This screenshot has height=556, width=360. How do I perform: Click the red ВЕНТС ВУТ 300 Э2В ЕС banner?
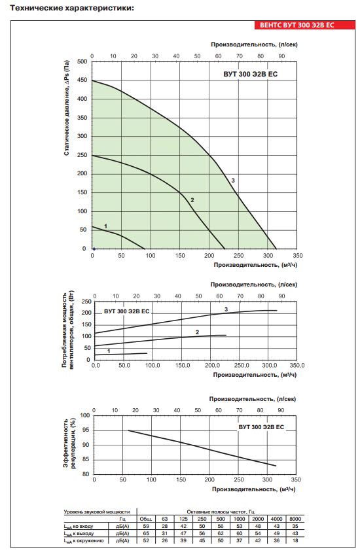click(x=304, y=25)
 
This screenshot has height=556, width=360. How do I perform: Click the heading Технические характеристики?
click(x=73, y=8)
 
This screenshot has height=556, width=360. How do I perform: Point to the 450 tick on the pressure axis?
click(x=82, y=80)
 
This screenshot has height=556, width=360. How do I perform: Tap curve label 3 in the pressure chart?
click(x=233, y=181)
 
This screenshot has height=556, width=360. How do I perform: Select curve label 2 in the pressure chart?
click(x=192, y=200)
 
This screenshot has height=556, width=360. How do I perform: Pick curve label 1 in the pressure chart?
click(x=105, y=226)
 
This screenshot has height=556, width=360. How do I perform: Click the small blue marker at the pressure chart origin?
click(x=94, y=249)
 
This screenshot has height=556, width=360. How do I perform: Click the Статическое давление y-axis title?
click(x=67, y=108)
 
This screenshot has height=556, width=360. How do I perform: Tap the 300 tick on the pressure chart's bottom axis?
click(x=268, y=255)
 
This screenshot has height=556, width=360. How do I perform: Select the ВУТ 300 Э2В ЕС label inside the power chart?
click(x=126, y=311)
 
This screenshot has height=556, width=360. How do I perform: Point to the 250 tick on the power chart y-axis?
click(x=86, y=302)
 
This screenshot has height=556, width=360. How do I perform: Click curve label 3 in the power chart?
click(x=226, y=309)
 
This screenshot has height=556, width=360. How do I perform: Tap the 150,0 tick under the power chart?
click(x=183, y=365)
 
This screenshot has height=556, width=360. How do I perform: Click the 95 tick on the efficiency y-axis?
click(x=86, y=430)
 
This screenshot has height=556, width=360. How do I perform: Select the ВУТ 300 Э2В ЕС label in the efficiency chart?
click(x=261, y=427)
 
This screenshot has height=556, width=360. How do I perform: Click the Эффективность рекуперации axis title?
click(x=69, y=443)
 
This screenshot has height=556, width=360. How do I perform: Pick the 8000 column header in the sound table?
click(x=295, y=519)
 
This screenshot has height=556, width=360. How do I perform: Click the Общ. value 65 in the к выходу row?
click(x=146, y=533)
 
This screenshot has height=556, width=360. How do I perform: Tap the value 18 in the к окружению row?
click(x=295, y=541)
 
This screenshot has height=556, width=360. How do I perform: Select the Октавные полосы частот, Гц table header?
click(x=221, y=512)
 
